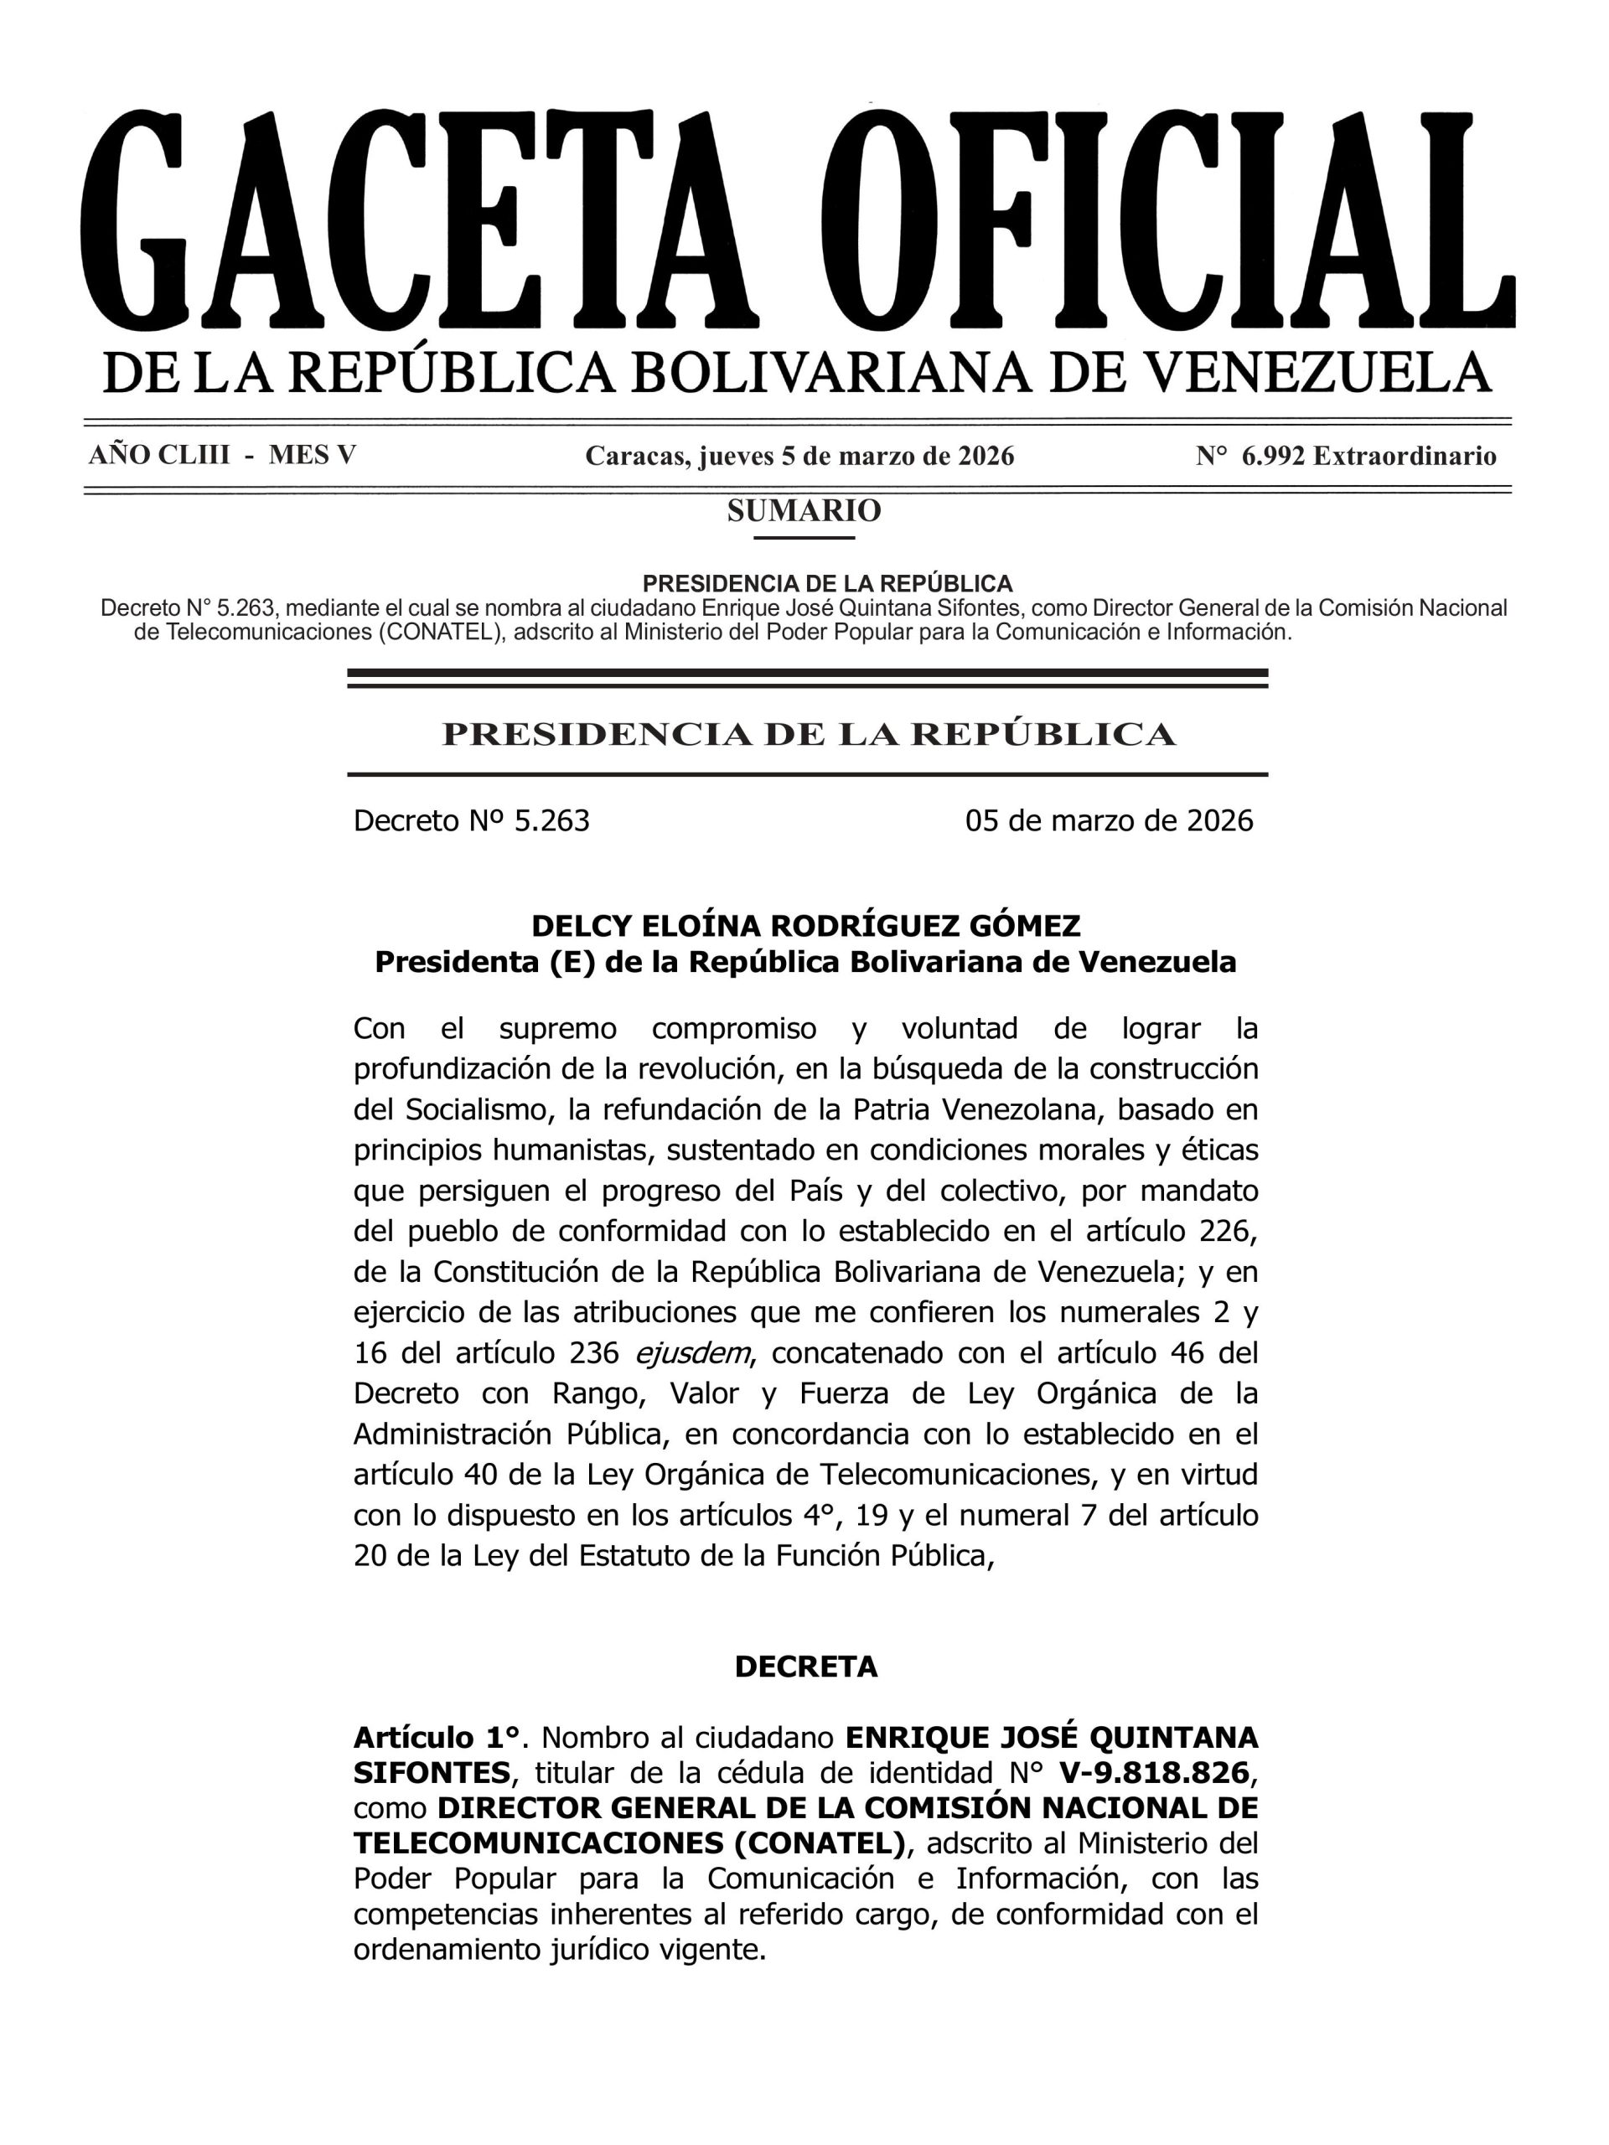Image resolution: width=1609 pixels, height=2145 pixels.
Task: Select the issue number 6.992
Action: (1272, 456)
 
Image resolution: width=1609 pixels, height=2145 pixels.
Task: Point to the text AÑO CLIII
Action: (159, 455)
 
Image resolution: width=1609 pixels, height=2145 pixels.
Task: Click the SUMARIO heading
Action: (804, 511)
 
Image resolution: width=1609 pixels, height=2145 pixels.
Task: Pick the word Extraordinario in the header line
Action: (1405, 456)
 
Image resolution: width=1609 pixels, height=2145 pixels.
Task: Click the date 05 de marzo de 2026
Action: (1109, 820)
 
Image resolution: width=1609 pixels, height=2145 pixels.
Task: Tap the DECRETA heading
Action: (806, 1666)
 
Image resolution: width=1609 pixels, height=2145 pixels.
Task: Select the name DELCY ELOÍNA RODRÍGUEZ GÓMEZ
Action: (806, 926)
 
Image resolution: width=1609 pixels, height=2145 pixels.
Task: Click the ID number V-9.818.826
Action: (1154, 1773)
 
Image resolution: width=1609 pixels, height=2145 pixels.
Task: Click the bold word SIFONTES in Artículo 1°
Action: (431, 1773)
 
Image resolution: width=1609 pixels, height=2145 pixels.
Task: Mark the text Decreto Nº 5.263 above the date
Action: (471, 820)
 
